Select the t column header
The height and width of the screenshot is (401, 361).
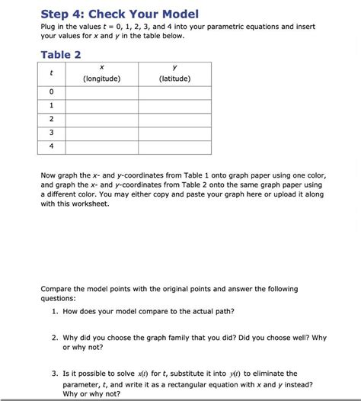click(51, 73)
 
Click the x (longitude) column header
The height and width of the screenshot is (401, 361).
click(101, 73)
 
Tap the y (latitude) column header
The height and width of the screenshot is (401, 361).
click(174, 73)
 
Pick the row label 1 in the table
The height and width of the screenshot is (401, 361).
click(51, 105)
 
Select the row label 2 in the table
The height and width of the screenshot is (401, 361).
click(51, 119)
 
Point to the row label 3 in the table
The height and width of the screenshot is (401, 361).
click(51, 133)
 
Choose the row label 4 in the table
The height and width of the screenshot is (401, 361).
click(51, 146)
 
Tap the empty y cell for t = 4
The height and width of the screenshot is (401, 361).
click(174, 146)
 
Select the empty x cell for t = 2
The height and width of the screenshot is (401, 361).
click(101, 119)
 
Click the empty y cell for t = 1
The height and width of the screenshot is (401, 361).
click(174, 105)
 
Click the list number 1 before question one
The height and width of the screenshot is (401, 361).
click(55, 311)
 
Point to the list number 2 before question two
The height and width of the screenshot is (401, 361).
click(55, 337)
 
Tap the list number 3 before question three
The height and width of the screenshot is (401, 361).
click(55, 374)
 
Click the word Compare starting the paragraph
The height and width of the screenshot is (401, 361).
click(56, 289)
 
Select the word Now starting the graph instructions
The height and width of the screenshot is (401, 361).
click(48, 175)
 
